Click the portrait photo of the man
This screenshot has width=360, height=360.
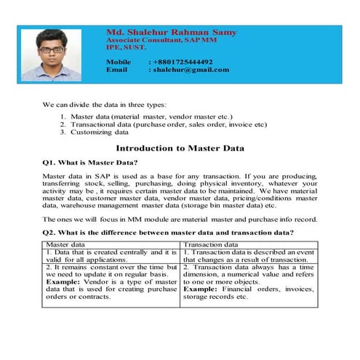[x=51, y=55]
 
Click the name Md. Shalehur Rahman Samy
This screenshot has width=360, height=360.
[x=171, y=33]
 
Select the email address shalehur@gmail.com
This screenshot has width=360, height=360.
[x=189, y=70]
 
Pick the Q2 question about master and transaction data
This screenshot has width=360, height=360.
[x=168, y=232]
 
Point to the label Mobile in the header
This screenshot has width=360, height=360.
[x=118, y=62]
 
